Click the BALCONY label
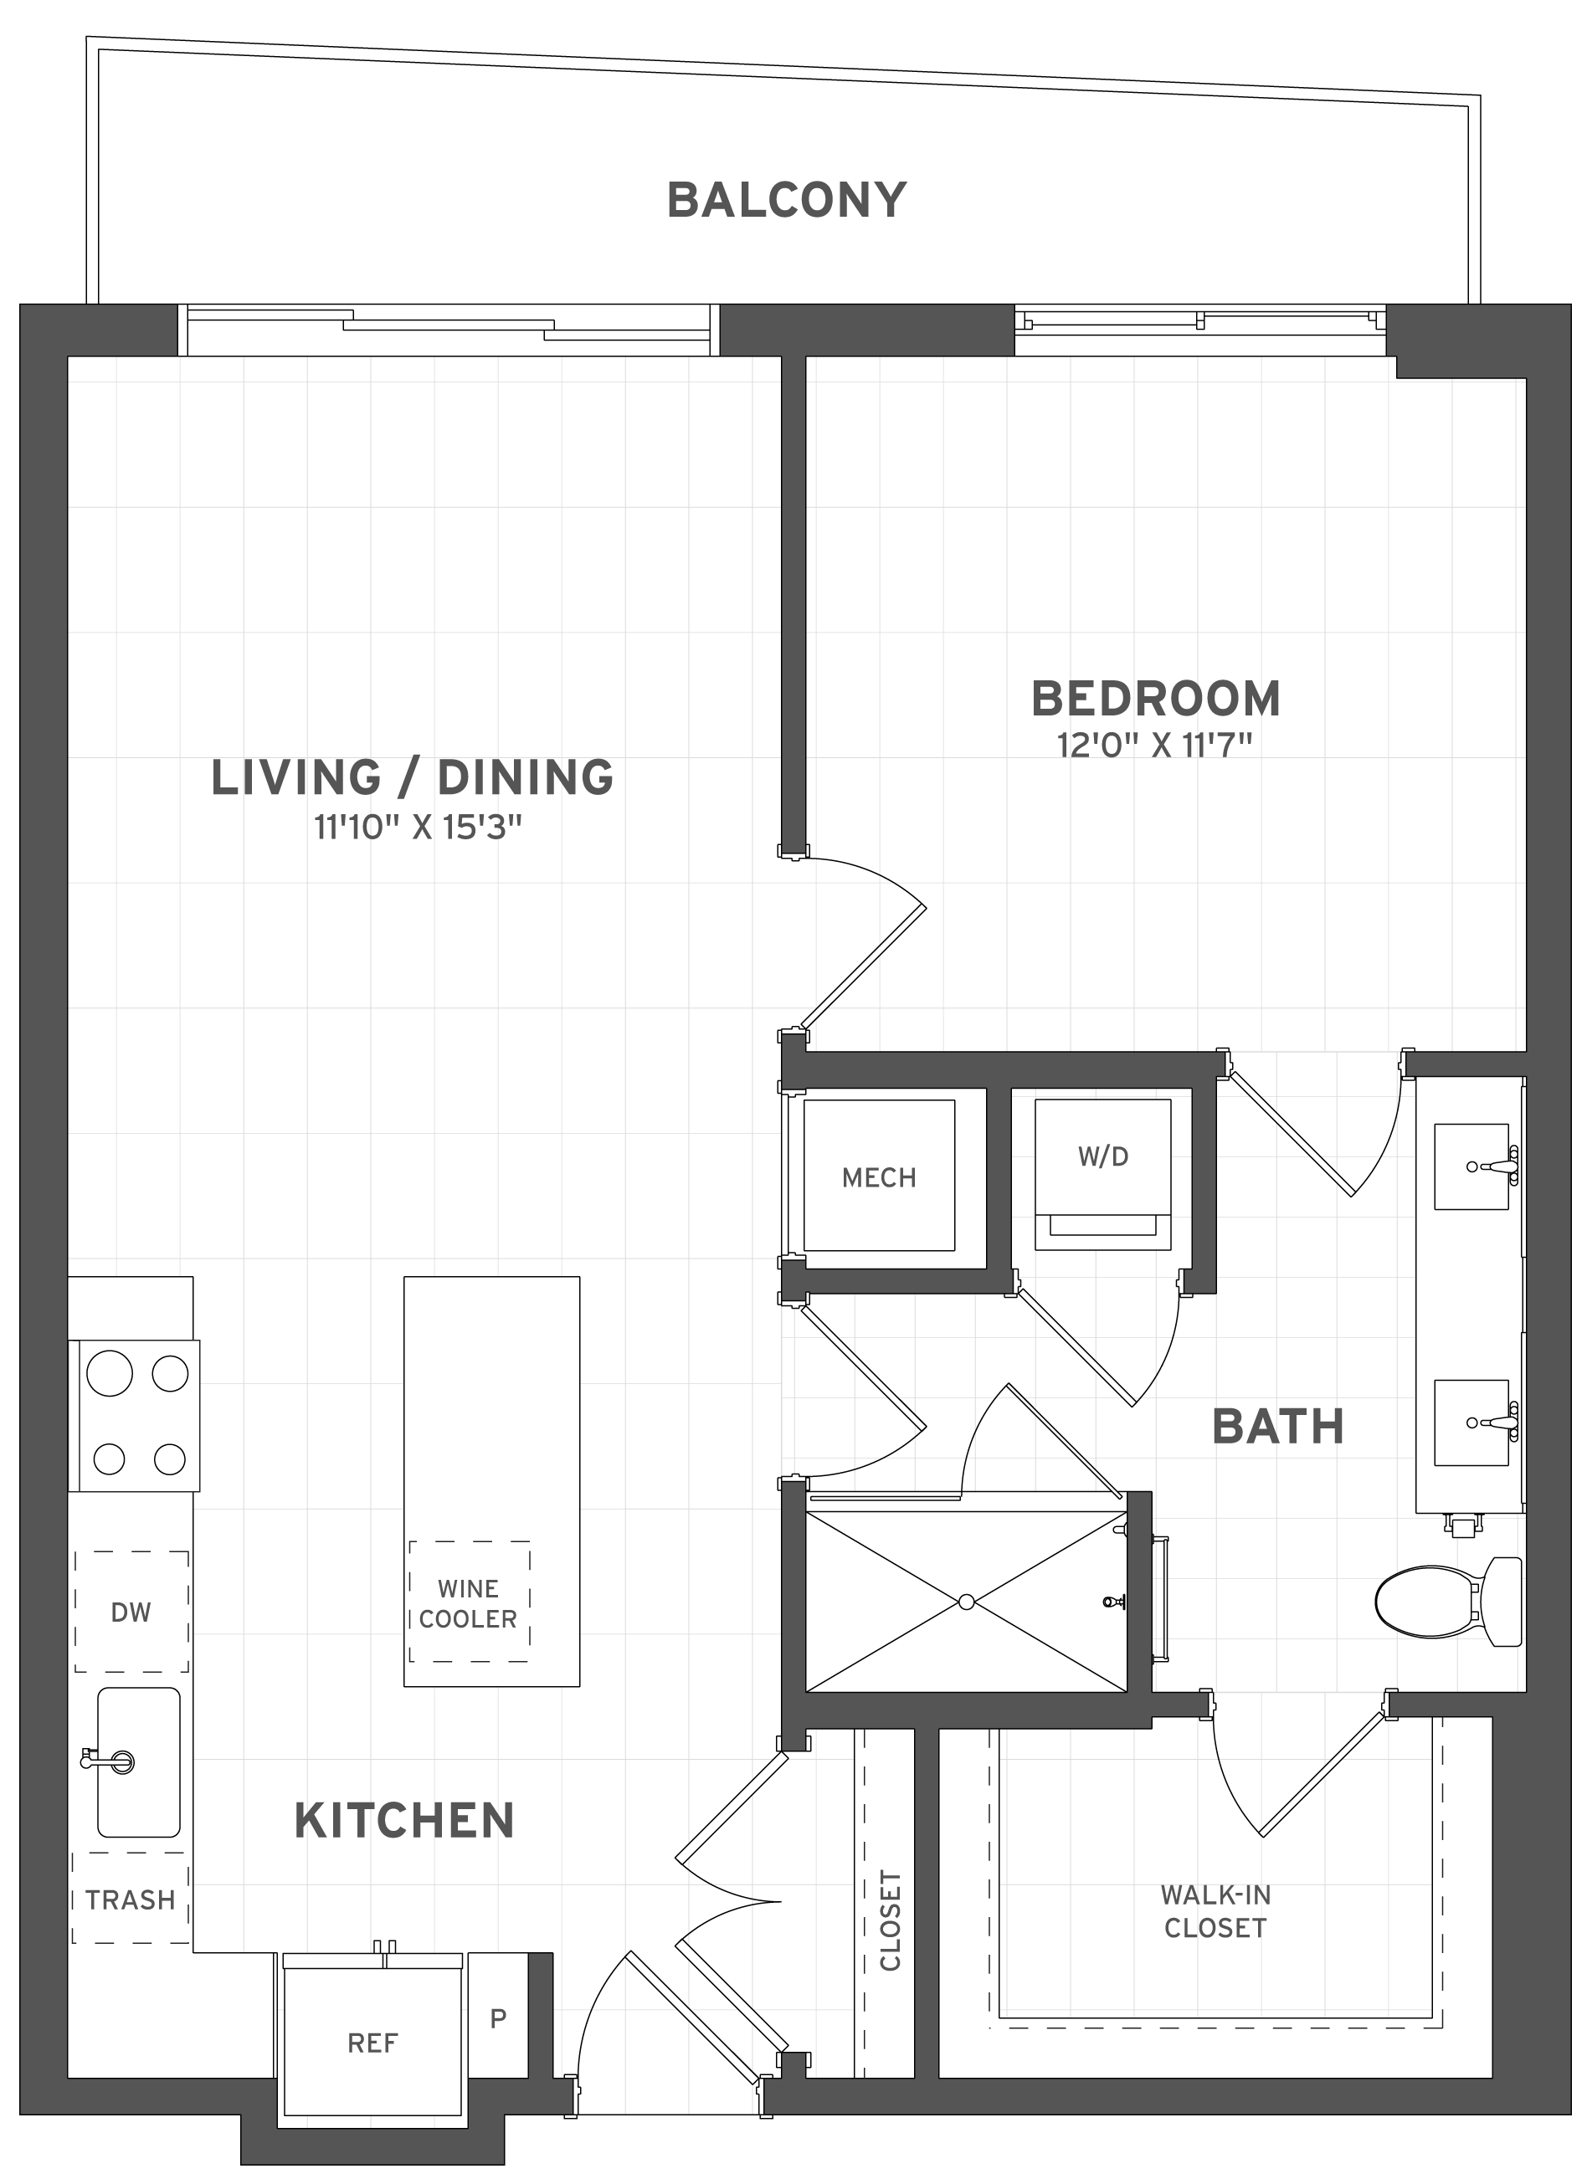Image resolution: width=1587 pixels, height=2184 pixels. click(787, 200)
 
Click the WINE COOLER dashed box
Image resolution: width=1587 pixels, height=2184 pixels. click(469, 1602)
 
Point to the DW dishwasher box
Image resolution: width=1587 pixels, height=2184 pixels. click(131, 1612)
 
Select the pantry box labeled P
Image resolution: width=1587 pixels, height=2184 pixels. click(498, 2018)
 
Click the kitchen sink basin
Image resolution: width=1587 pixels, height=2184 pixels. click(140, 1761)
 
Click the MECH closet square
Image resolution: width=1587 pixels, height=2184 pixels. click(878, 1176)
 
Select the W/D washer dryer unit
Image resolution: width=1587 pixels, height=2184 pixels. click(1102, 1174)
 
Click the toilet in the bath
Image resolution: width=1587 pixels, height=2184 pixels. click(1445, 1603)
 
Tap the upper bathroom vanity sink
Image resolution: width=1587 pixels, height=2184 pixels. click(1471, 1166)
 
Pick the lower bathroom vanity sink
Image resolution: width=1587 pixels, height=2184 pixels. click(1471, 1423)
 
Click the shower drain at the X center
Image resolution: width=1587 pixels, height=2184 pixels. click(966, 1602)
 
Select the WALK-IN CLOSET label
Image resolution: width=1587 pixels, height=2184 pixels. click(1215, 1910)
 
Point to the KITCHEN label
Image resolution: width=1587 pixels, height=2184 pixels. click(403, 1821)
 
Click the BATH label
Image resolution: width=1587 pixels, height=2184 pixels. click(1277, 1426)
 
